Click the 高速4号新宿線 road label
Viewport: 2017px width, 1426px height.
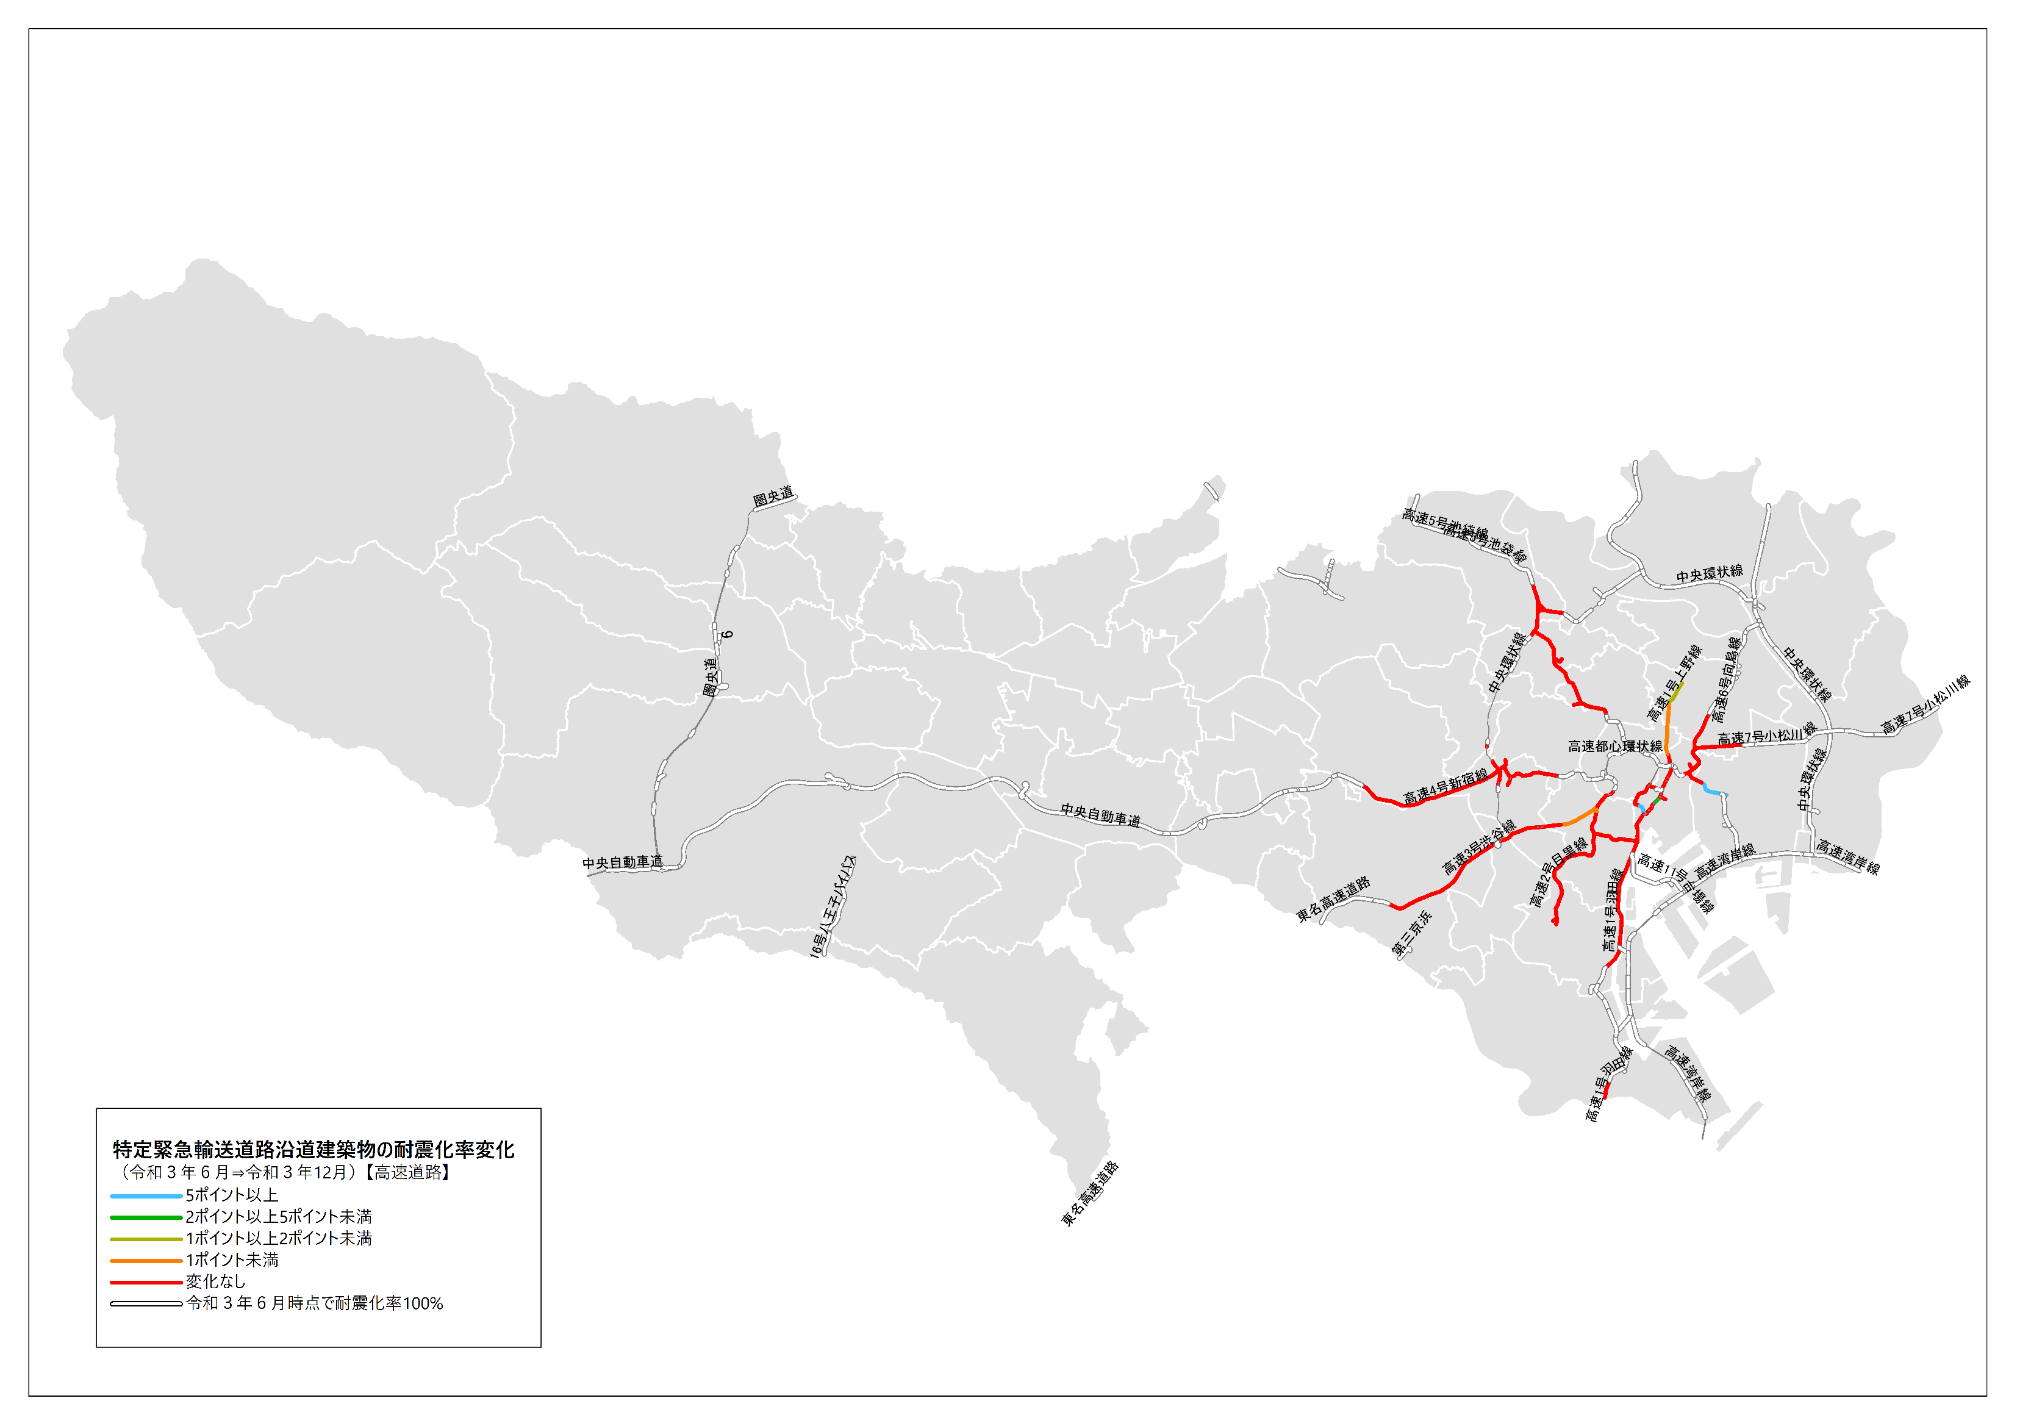1444,786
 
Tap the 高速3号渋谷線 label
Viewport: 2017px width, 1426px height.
1480,847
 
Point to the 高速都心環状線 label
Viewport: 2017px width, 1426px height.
1614,746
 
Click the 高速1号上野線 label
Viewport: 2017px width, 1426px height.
1674,683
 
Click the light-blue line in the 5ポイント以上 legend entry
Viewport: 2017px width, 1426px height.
146,1196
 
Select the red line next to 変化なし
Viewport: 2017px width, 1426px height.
146,1282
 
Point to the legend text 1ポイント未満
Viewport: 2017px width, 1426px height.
232,1260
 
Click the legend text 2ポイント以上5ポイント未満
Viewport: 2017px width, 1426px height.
279,1217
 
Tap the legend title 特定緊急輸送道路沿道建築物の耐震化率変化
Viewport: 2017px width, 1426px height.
313,1149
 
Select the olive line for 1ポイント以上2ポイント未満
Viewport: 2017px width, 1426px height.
146,1239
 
